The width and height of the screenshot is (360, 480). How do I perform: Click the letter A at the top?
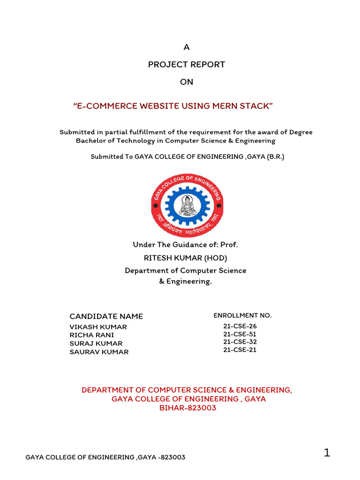coord(187,47)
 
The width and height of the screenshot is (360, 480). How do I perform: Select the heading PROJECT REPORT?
coord(187,65)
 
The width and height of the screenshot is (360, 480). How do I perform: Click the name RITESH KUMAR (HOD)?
coord(187,258)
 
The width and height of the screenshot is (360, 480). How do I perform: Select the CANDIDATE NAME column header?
coord(106,316)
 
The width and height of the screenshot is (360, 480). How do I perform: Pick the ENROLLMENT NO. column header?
coord(242,315)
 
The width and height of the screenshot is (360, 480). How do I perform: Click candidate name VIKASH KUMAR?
coord(98,327)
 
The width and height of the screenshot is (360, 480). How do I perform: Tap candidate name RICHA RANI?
coord(92,335)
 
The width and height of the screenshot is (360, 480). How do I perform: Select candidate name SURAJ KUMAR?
coord(96,344)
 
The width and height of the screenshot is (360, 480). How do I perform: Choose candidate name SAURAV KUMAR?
coord(99,352)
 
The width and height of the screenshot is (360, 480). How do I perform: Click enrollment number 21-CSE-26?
coord(240,326)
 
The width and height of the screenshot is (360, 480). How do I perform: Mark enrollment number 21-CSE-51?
coord(240,334)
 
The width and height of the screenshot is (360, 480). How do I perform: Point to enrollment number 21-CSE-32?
coord(240,342)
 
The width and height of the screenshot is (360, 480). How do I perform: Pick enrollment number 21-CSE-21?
coord(240,350)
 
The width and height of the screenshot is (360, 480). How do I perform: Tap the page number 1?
coord(327,453)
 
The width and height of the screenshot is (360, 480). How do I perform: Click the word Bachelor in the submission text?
coord(91,141)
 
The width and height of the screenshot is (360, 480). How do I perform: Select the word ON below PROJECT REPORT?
coord(187,82)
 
